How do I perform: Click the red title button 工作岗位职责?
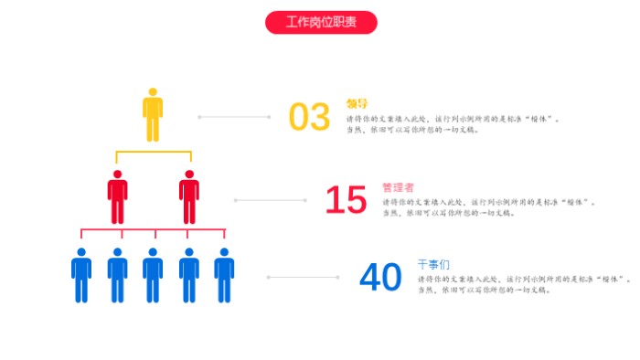click(x=321, y=22)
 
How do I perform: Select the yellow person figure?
click(x=153, y=116)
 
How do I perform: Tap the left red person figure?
click(x=117, y=197)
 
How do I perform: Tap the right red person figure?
click(x=189, y=197)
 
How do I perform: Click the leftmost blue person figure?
click(x=81, y=276)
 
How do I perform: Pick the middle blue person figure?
click(x=153, y=276)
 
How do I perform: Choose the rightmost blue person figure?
click(x=224, y=276)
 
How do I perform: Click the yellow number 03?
click(x=309, y=118)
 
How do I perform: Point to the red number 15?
click(x=346, y=200)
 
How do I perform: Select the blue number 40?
click(x=380, y=278)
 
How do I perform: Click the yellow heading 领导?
click(x=357, y=103)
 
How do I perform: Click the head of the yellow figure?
click(x=153, y=91)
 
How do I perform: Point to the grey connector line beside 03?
click(x=234, y=117)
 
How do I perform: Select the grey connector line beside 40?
click(x=303, y=278)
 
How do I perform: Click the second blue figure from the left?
click(x=117, y=276)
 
